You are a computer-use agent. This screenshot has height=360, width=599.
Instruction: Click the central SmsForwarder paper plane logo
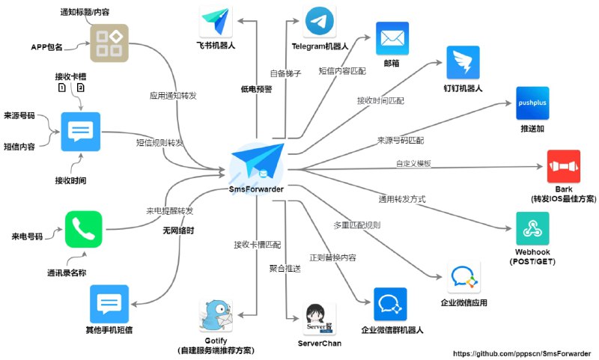tap(258, 161)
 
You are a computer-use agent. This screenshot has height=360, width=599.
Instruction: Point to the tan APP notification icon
tap(106, 43)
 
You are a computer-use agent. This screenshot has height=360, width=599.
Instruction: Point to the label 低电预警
tap(256, 88)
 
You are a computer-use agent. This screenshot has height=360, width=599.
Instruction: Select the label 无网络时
tap(179, 231)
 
